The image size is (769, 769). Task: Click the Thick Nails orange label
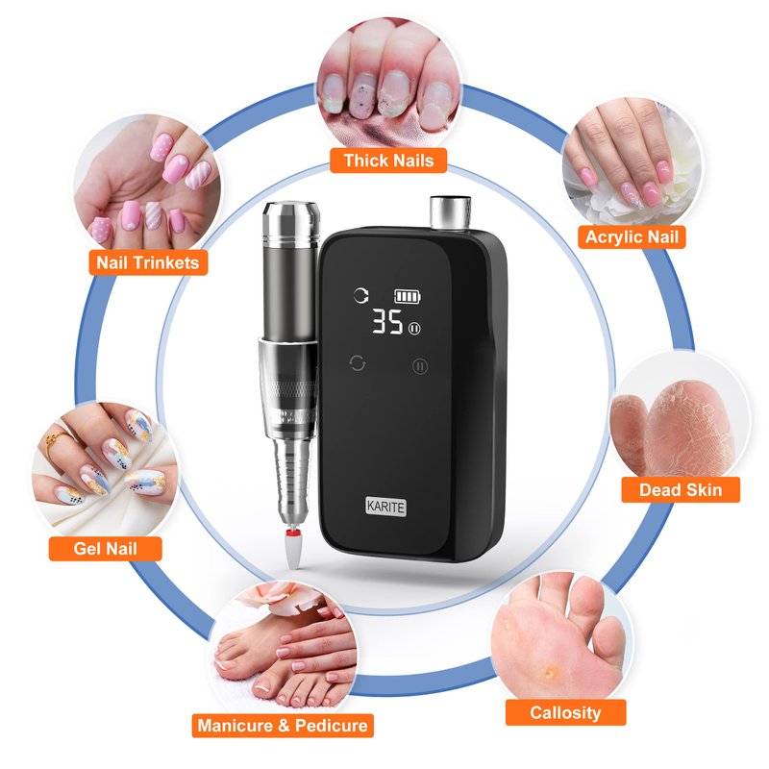[388, 161]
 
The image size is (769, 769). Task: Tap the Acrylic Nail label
[632, 236]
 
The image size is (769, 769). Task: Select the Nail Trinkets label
[148, 262]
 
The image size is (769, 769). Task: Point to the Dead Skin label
[681, 489]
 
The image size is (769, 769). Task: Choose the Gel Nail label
[105, 548]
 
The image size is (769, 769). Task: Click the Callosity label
[565, 712]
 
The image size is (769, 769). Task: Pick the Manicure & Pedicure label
[283, 725]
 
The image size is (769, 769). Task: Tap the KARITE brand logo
[386, 507]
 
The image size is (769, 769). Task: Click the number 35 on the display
[387, 322]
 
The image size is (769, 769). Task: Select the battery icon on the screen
[408, 296]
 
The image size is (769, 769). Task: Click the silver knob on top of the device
[450, 211]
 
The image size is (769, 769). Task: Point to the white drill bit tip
[293, 550]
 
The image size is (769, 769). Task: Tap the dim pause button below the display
[420, 366]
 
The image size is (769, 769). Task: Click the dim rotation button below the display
[357, 363]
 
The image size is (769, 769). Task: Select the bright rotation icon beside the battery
[361, 296]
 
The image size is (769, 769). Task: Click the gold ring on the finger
[52, 441]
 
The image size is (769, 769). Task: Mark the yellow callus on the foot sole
[550, 672]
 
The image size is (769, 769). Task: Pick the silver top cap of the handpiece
[291, 221]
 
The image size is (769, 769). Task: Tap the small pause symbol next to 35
[414, 328]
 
